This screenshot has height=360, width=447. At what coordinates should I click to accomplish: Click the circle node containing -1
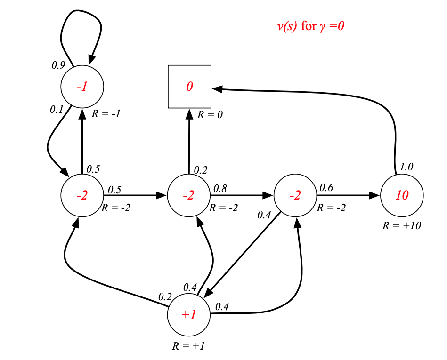(x=82, y=87)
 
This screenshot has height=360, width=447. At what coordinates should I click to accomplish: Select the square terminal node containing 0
(x=189, y=87)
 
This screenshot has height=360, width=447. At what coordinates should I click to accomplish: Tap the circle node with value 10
(x=402, y=195)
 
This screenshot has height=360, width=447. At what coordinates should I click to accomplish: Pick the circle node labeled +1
(x=189, y=315)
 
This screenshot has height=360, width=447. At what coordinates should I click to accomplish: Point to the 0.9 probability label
(x=58, y=65)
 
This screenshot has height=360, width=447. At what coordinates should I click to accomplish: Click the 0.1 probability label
(x=57, y=110)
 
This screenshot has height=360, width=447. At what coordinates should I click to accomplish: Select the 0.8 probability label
(x=219, y=188)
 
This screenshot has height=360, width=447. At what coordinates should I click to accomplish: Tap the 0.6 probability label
(x=326, y=188)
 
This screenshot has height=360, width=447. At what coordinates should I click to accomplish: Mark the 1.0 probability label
(x=407, y=167)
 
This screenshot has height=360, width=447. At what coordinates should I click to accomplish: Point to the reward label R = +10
(x=401, y=225)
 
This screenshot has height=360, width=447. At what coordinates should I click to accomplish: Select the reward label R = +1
(x=188, y=346)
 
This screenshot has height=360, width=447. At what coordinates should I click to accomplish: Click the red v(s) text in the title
(x=287, y=26)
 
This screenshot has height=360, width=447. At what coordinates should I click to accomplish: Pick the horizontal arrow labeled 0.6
(x=349, y=195)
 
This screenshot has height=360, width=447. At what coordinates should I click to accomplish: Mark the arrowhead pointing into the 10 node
(x=374, y=195)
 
